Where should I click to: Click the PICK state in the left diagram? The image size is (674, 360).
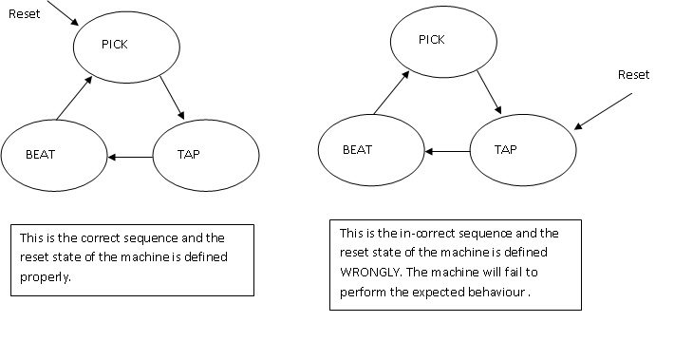pos(125,46)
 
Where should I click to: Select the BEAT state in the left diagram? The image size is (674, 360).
pos(54,154)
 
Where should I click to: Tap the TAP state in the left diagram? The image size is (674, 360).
pos(205,154)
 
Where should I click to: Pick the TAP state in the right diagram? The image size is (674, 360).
pos(523,151)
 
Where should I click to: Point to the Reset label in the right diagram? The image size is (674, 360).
pos(633,74)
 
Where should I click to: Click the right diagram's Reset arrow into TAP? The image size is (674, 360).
pos(608,107)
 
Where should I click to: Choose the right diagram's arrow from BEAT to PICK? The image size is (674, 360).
pos(384,93)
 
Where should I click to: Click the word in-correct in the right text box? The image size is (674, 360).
pos(418,233)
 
